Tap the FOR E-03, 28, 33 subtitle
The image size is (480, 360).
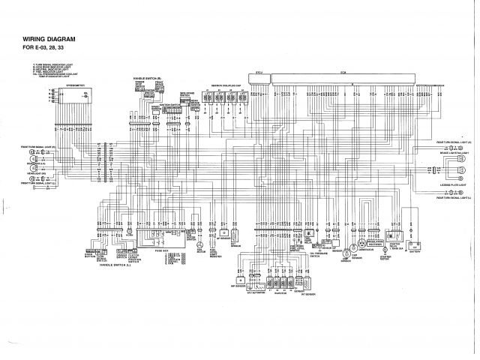pos(43,49)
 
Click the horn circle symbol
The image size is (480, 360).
pos(200,245)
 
